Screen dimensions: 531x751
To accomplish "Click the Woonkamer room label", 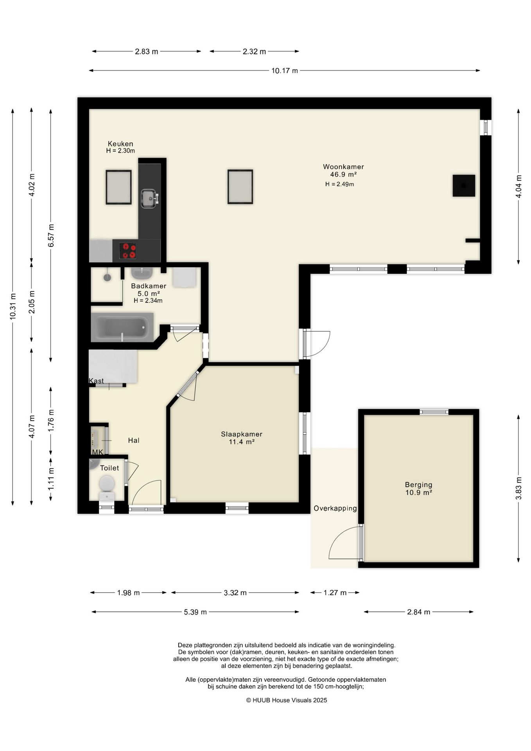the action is (343, 167).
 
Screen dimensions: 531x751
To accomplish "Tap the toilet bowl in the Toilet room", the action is (107, 487).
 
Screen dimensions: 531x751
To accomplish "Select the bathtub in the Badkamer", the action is (122, 327).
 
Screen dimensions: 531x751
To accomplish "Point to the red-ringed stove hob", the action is (128, 251).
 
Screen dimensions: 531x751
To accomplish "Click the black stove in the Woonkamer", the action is (464, 185).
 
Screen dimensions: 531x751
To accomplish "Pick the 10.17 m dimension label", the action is (285, 71).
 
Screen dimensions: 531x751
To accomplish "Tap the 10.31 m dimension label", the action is (13, 306).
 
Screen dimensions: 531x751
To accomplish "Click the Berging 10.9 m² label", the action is (418, 489).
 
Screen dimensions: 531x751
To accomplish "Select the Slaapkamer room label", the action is (242, 434).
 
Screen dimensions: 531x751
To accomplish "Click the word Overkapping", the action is (335, 508).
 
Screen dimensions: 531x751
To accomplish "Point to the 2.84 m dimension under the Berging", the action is (418, 612).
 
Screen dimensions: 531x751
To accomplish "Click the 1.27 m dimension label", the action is (335, 593).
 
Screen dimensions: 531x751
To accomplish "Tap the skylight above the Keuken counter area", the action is (118, 187).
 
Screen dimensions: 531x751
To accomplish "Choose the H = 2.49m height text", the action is (339, 184).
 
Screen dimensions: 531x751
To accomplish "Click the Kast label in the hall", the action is (96, 381).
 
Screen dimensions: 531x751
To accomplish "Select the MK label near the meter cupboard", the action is (97, 452).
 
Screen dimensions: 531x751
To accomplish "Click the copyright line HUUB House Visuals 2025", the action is (287, 700).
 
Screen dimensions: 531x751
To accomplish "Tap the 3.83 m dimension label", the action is (518, 489).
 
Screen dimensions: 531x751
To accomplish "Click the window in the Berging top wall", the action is (434, 412).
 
